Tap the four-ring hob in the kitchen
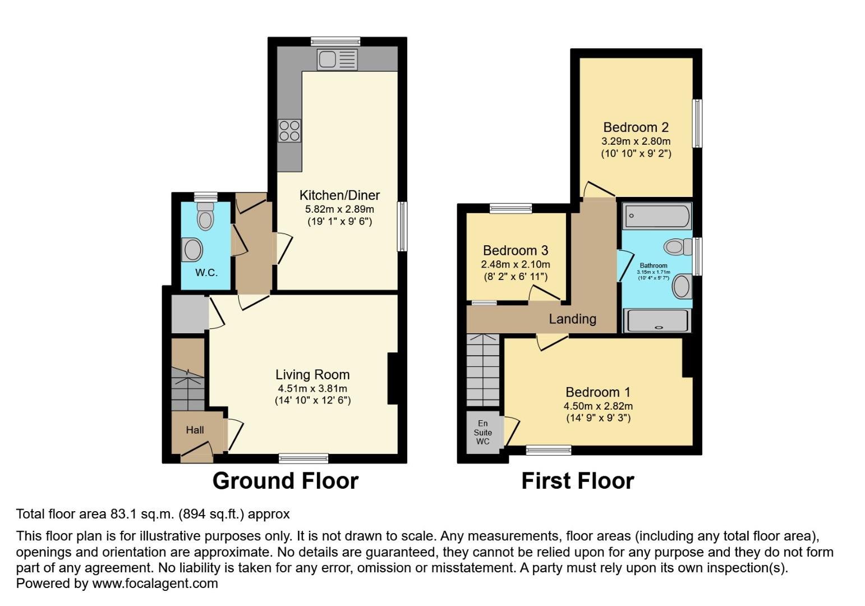click(x=289, y=131)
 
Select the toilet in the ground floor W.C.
click(x=205, y=216)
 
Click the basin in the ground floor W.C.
click(x=192, y=250)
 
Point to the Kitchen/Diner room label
click(x=339, y=195)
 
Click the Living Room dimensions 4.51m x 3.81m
click(x=312, y=388)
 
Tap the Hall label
click(x=195, y=430)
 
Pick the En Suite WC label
click(x=482, y=432)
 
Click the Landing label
click(x=572, y=319)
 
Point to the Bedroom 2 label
click(x=636, y=127)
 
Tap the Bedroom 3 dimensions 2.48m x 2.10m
click(x=515, y=264)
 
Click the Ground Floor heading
click(x=285, y=481)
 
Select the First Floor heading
click(x=577, y=481)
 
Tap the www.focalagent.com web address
click(x=155, y=583)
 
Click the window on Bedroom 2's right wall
click(x=697, y=123)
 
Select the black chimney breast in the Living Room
click(x=393, y=378)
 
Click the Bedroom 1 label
click(x=597, y=392)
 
